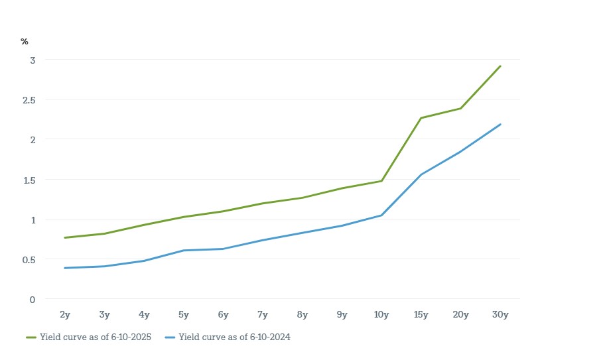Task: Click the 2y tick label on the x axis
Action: (x=65, y=315)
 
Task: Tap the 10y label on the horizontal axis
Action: (x=381, y=315)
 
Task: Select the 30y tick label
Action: (x=500, y=315)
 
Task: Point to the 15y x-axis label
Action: (x=421, y=315)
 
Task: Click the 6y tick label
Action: (x=223, y=315)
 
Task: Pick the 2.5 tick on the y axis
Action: (x=29, y=99)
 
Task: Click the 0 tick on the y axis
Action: (x=32, y=299)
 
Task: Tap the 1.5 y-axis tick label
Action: (x=29, y=179)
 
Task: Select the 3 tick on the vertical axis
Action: (x=32, y=60)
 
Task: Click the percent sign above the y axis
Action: (x=25, y=41)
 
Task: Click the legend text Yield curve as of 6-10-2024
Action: (x=235, y=337)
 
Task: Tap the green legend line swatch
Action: (x=31, y=337)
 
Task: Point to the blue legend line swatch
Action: (x=169, y=337)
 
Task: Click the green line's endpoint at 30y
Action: (x=500, y=66)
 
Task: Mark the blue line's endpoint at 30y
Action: (x=500, y=124)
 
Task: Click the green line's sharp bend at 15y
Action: (x=421, y=118)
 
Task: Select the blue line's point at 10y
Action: (x=381, y=215)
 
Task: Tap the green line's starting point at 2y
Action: (x=65, y=237)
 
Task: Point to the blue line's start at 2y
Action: (x=65, y=268)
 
